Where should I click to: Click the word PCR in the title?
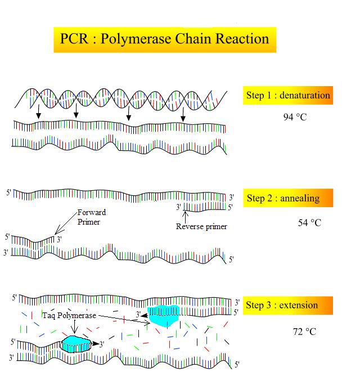coord(74,38)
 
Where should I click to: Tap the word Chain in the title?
coord(193,38)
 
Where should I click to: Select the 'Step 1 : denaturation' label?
coord(288,95)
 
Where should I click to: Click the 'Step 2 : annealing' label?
coord(283,198)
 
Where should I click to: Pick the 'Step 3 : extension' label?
coord(282,305)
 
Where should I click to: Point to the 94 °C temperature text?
coord(295,117)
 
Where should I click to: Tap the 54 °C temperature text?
coord(309,223)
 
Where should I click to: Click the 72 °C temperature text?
coord(304,331)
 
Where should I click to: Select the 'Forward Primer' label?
coord(92,217)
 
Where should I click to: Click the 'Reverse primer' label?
coord(201,226)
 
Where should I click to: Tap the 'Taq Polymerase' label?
coord(69,315)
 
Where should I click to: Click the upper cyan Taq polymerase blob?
coord(164,315)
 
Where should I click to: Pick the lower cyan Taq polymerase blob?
coord(76,344)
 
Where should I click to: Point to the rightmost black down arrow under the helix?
coord(183,115)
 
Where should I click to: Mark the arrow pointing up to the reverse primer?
coord(185,217)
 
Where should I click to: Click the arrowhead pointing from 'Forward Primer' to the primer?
coord(57,232)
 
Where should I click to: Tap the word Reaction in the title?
coord(242,38)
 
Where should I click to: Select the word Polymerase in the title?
coord(136,39)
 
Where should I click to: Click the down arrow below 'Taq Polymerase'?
coord(74,327)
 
